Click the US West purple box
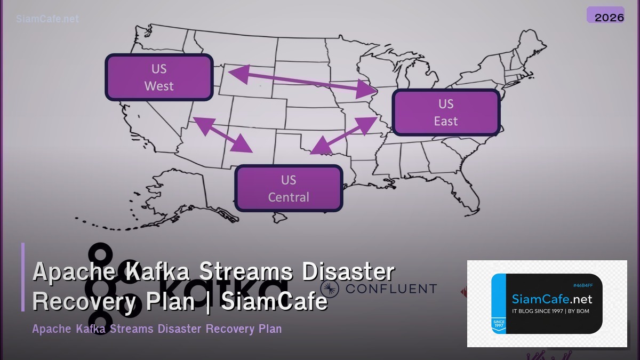159,77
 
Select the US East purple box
446,112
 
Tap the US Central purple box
289,188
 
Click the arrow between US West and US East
301,82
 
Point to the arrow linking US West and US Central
222,134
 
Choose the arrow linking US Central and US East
344,135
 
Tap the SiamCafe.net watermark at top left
47,19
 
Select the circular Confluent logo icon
330,289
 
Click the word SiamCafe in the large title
274,302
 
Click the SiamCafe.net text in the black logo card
551,299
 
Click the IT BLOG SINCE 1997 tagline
550,311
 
